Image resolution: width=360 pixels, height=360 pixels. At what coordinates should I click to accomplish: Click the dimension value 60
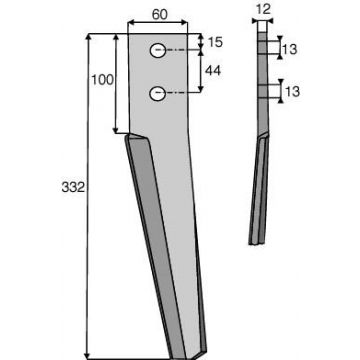pyautogui.click(x=160, y=14)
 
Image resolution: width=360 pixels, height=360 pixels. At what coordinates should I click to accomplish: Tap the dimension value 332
pyautogui.click(x=73, y=187)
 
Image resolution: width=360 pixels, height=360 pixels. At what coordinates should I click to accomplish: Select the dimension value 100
pyautogui.click(x=103, y=80)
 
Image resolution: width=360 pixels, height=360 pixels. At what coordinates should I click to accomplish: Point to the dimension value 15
pyautogui.click(x=215, y=43)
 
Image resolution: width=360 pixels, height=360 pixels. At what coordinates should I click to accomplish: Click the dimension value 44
pyautogui.click(x=213, y=70)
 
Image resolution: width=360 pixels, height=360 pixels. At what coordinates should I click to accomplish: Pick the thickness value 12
pyautogui.click(x=264, y=9)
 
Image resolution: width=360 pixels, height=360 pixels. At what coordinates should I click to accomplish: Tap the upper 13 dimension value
pyautogui.click(x=289, y=50)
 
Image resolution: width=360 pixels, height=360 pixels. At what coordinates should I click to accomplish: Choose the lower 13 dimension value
pyautogui.click(x=292, y=91)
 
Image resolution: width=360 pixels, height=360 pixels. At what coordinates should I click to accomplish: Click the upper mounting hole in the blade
pyautogui.click(x=158, y=51)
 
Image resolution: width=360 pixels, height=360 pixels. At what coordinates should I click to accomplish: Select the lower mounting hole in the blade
pyautogui.click(x=158, y=94)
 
